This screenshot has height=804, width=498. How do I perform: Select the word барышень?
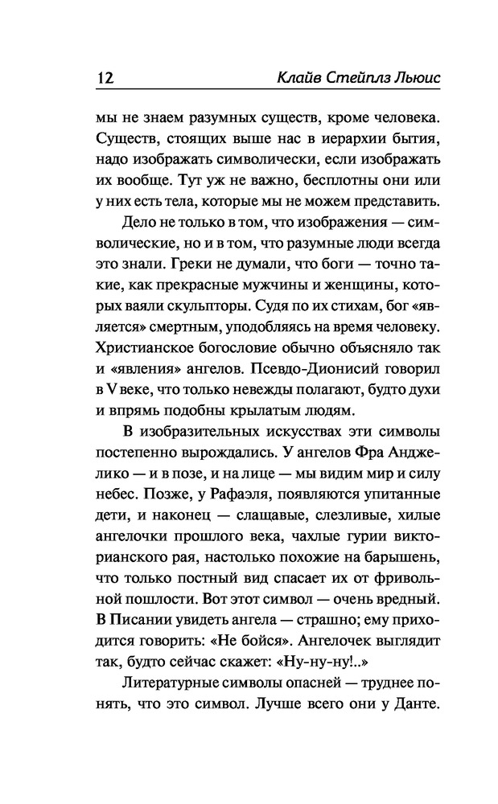click(404, 552)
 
